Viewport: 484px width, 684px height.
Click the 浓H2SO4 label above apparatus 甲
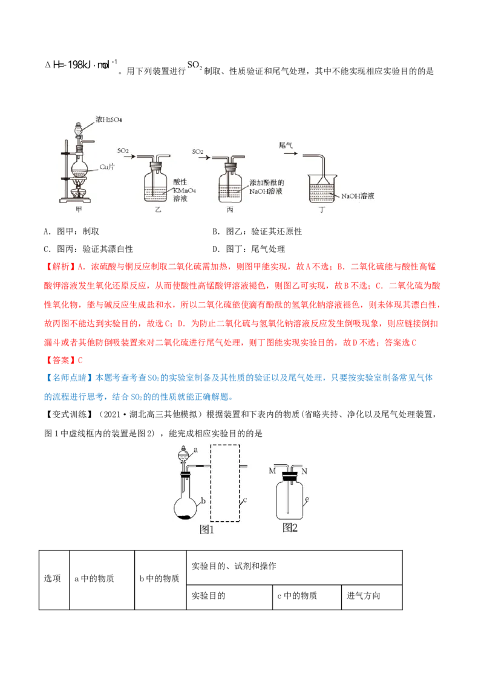(109, 120)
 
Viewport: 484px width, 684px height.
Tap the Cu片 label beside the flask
(107, 167)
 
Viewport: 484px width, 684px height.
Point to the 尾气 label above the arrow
(286, 145)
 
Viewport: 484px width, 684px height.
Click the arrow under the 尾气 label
(290, 153)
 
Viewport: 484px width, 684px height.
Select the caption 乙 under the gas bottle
(158, 210)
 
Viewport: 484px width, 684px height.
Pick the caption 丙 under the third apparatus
(231, 210)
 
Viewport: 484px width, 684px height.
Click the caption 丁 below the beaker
(322, 210)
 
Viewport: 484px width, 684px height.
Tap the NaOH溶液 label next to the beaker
(358, 196)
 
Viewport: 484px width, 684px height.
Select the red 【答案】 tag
(60, 360)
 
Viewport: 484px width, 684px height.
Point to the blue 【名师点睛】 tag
(70, 378)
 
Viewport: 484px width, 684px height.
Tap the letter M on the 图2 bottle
(273, 471)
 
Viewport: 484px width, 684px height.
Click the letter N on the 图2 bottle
(304, 471)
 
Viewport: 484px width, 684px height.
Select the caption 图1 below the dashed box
(207, 529)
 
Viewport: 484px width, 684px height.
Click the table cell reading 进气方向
(371, 597)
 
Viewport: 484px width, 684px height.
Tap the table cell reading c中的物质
(307, 597)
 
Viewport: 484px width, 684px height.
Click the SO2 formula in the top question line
(195, 65)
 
